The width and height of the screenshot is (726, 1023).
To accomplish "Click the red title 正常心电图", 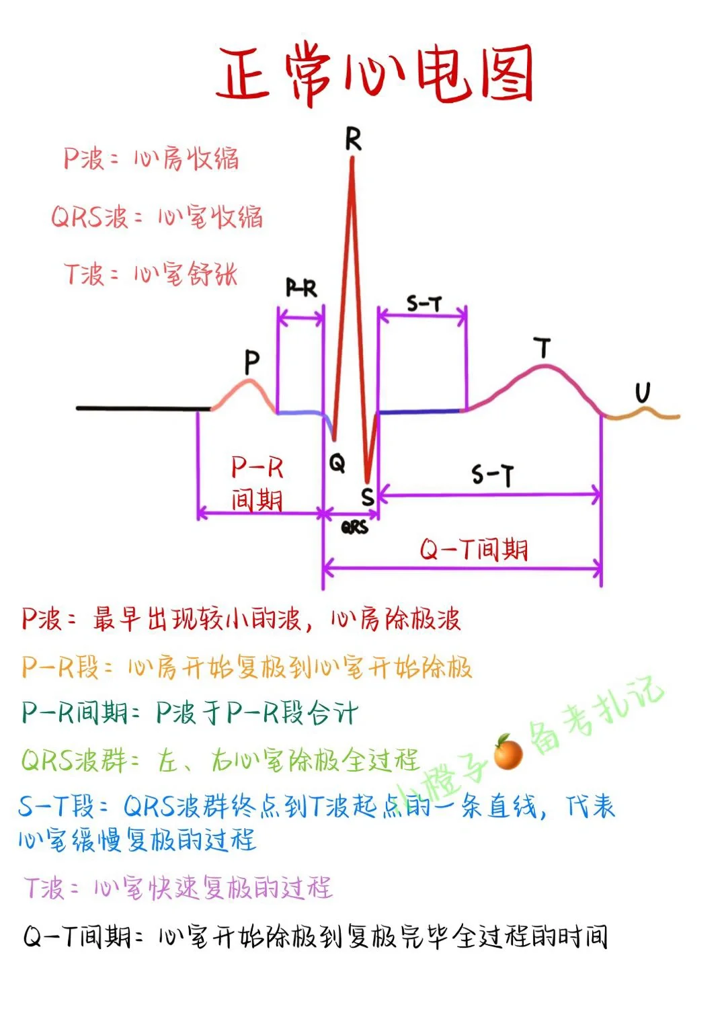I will point(374,74).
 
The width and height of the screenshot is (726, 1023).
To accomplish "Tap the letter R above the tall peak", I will point(353,139).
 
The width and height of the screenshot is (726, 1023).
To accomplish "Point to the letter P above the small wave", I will point(251,362).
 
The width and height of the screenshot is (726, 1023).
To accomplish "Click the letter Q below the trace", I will point(337,462).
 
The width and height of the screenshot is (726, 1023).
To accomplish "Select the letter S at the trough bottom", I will point(367,497).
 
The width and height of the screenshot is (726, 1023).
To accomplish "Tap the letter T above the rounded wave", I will point(542,348).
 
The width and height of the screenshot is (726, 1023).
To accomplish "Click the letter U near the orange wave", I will point(643,393).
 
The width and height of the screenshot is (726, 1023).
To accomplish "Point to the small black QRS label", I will point(354,528).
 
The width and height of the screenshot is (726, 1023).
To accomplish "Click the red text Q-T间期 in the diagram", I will point(474,550).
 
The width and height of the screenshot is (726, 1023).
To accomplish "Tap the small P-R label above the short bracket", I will point(301,288).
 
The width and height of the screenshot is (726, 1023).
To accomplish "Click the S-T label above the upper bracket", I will point(424,304).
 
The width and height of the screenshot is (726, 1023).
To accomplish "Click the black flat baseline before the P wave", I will point(141,408).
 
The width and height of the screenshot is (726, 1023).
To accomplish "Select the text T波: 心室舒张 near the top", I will point(151,274).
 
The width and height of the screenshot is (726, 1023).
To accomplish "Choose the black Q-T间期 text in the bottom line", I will point(78,936).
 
